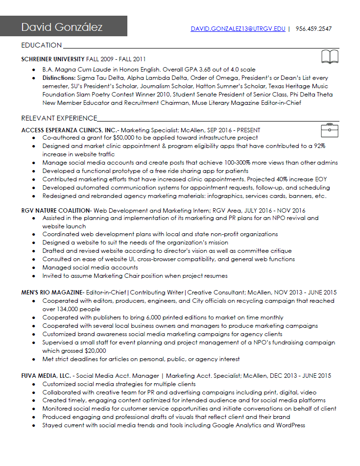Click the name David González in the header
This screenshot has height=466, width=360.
click(x=62, y=27)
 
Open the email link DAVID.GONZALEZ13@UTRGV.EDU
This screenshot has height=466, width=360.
click(x=238, y=29)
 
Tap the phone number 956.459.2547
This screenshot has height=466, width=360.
click(x=313, y=29)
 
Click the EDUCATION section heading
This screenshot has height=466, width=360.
click(x=42, y=46)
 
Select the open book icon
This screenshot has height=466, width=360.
click(x=330, y=57)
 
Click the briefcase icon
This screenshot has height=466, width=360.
click(x=330, y=130)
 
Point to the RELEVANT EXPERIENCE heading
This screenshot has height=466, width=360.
click(x=59, y=118)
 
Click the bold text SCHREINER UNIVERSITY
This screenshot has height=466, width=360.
click(x=53, y=59)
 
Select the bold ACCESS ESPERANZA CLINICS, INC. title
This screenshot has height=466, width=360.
click(x=70, y=130)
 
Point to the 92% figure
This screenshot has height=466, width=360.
click(x=319, y=146)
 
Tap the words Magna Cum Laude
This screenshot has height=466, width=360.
click(x=83, y=70)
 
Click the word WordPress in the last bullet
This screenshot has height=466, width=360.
click(x=290, y=425)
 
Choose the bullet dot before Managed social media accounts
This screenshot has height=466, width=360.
click(x=33, y=268)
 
